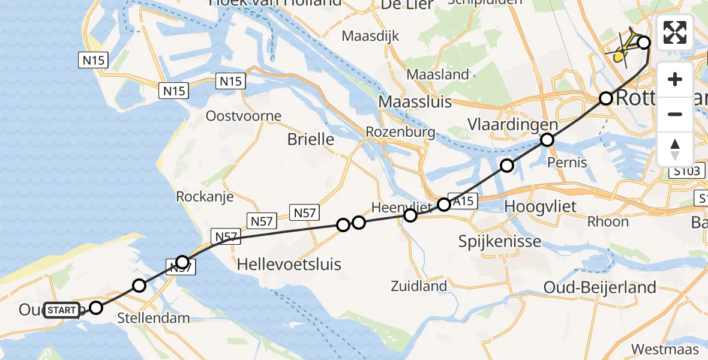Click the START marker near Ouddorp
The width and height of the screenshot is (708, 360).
coord(62,310)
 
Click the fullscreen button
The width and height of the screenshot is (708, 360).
coord(675,33)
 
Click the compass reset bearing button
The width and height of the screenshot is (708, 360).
coord(675,148)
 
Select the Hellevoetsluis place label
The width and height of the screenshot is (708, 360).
coord(289,264)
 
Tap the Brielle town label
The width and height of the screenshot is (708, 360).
coord(311,140)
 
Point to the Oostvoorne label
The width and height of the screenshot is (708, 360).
coord(235,116)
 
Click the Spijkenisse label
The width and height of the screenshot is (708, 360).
coord(500,242)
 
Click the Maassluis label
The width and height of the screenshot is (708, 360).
coord(415,102)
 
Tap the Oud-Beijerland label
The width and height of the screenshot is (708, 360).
coord(599,287)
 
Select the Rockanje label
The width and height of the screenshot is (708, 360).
coord(201,196)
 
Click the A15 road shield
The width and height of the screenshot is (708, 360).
coord(463,202)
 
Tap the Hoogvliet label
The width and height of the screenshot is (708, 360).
coord(540,207)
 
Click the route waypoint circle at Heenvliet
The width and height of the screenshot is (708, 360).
coord(410,215)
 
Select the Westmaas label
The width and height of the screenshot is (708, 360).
coord(665,349)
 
